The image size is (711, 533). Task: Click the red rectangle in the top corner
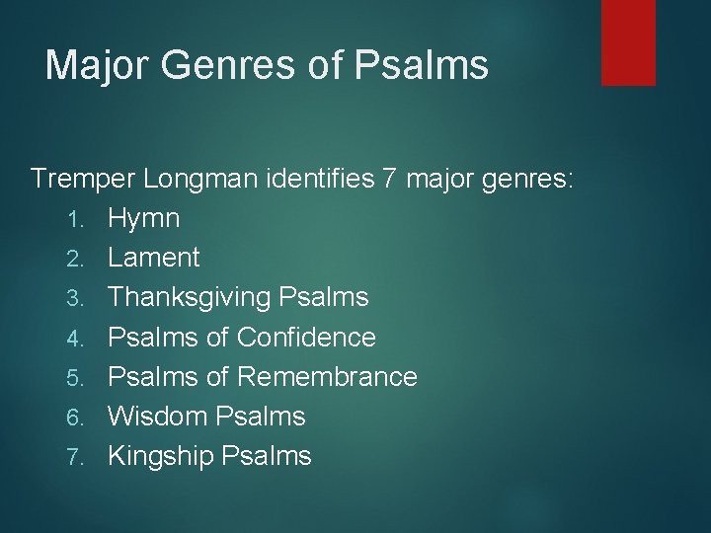pos(628,41)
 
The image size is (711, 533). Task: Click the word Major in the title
pos(95,65)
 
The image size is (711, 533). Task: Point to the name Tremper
pos(83,179)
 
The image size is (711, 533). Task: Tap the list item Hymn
pos(143,218)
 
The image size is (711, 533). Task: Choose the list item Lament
pos(153,258)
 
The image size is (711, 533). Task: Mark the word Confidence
pos(306,337)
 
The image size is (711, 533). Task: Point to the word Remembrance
pos(327,376)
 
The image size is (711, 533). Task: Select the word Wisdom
pos(158,416)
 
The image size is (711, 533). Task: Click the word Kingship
pos(161,455)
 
